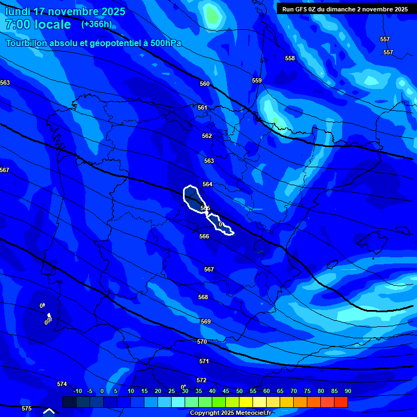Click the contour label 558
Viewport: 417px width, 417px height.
290,58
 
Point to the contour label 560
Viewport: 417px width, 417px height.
205,84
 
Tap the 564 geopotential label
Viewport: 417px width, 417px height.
207,185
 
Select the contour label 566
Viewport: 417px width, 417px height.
204,236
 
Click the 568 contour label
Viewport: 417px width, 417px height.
203,297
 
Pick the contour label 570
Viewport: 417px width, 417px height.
202,342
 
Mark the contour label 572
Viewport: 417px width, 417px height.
201,380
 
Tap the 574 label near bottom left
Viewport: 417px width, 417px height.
62,384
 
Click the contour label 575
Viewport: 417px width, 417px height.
27,408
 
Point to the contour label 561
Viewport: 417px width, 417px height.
203,108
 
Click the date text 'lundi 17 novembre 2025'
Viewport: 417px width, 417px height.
65,11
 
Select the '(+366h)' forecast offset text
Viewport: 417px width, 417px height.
96,24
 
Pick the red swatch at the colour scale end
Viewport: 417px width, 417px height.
340,402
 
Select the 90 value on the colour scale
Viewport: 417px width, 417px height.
347,391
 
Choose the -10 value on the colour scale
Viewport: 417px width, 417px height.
77,391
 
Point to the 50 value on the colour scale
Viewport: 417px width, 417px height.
239,391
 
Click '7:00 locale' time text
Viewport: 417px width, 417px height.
38,24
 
